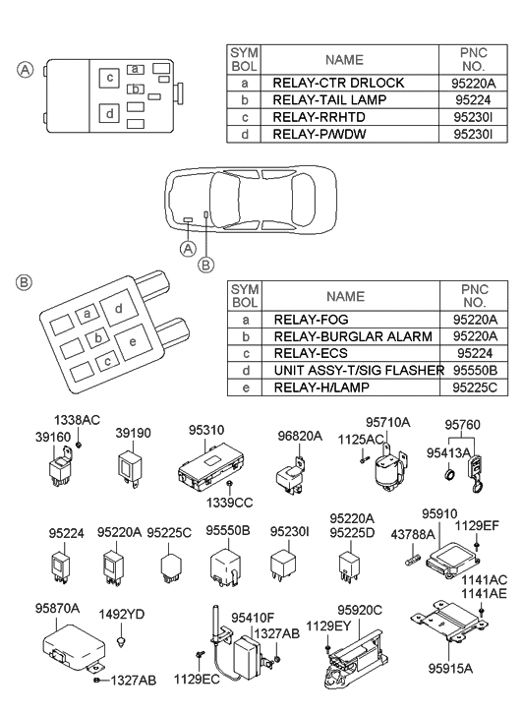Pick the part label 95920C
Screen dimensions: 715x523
tap(359, 609)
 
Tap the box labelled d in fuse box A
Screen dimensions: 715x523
tap(110, 113)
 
